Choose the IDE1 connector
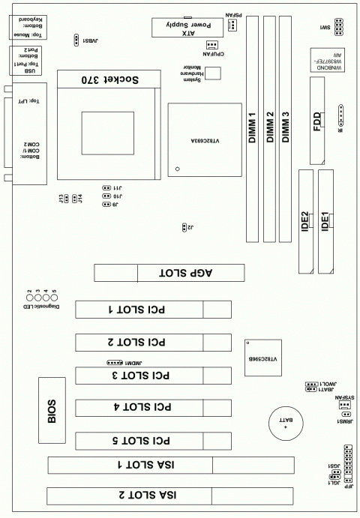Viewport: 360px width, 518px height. [325, 221]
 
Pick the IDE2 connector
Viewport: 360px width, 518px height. [306, 221]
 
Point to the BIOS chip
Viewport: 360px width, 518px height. [52, 411]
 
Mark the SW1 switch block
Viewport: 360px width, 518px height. [340, 28]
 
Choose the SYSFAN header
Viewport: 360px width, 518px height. [344, 404]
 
